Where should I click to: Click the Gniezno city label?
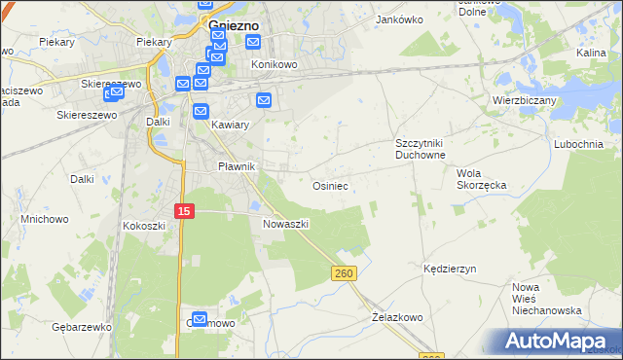tap(235, 26)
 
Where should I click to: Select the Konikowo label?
tap(275, 64)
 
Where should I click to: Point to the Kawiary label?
tap(231, 125)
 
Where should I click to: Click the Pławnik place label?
tap(236, 166)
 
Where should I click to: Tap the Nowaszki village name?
tap(285, 223)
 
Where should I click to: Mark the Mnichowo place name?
tap(45, 219)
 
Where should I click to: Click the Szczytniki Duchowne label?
tap(420, 148)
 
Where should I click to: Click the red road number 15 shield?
tap(184, 210)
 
